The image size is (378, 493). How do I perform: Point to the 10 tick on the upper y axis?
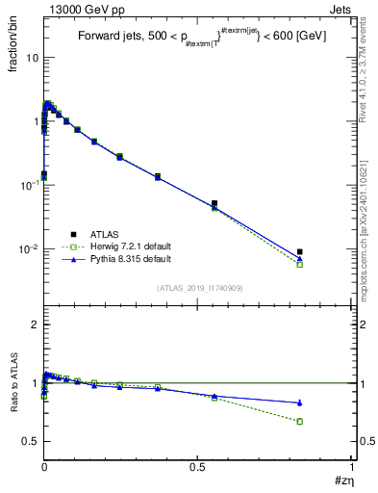click(x=31, y=57)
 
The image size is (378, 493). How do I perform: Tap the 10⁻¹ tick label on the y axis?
click(x=27, y=185)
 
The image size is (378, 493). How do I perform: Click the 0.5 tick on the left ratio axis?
click(x=30, y=441)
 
